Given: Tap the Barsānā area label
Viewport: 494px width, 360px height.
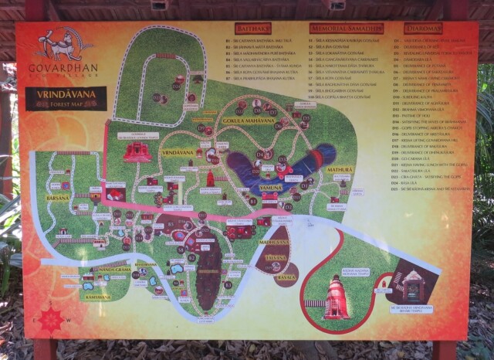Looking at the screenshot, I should click(57, 197).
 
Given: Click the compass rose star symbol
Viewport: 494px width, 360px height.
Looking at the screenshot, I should click(51, 319).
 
